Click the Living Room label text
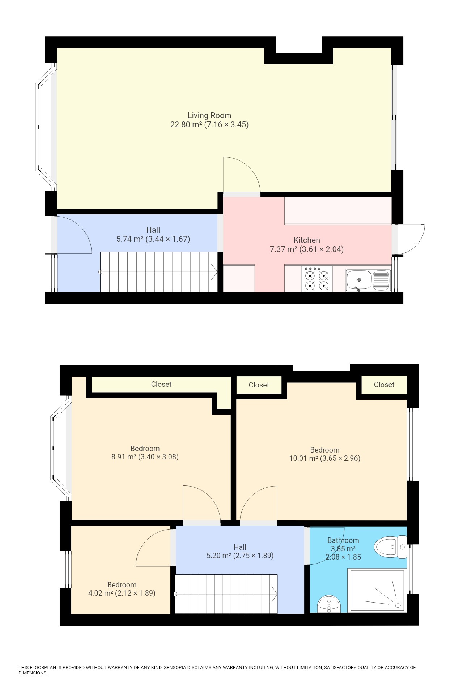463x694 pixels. (x=209, y=116)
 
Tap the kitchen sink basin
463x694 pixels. (x=358, y=280)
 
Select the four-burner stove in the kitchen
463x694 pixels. (x=317, y=279)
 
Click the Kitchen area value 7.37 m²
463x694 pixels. (x=283, y=249)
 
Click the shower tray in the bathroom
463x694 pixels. (x=377, y=590)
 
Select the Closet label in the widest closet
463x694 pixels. (x=161, y=384)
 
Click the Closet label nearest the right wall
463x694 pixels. (x=384, y=385)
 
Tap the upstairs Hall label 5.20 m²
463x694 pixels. (x=240, y=556)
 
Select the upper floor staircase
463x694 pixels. (x=226, y=594)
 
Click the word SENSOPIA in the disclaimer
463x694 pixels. (x=175, y=668)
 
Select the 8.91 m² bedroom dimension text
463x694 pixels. (x=158, y=457)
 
